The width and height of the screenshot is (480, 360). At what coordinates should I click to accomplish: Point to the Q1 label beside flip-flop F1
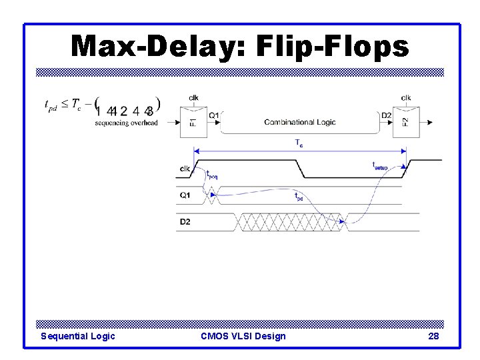[214, 116]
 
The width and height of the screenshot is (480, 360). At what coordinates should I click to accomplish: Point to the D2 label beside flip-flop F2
[386, 116]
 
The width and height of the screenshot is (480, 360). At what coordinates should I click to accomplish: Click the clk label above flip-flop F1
[193, 98]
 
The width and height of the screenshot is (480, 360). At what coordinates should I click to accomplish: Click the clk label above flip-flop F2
[406, 98]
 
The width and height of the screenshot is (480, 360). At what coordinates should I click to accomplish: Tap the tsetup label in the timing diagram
[379, 165]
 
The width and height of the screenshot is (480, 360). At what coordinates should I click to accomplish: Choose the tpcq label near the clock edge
[211, 175]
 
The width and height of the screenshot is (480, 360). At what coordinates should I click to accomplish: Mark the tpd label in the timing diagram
[298, 197]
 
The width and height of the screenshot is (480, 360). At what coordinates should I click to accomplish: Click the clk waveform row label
[185, 169]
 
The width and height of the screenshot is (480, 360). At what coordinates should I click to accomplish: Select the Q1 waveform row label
[185, 195]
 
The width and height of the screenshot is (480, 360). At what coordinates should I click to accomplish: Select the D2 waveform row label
[185, 221]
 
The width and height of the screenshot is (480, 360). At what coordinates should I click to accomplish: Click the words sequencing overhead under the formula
[126, 123]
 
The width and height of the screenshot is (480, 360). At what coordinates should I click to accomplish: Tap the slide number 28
[433, 336]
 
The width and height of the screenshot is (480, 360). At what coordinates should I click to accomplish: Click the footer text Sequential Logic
[78, 336]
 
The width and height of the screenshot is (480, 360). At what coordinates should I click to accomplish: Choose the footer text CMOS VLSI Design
[243, 336]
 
